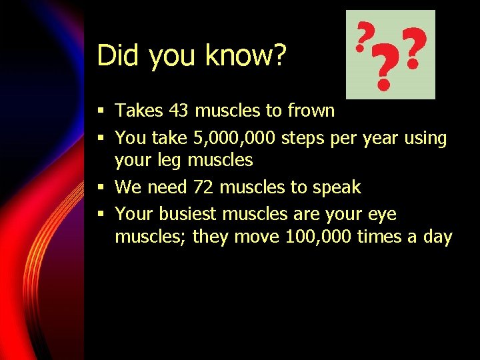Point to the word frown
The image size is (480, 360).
pyautogui.click(x=309, y=110)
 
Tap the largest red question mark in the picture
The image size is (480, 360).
pyautogui.click(x=383, y=69)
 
